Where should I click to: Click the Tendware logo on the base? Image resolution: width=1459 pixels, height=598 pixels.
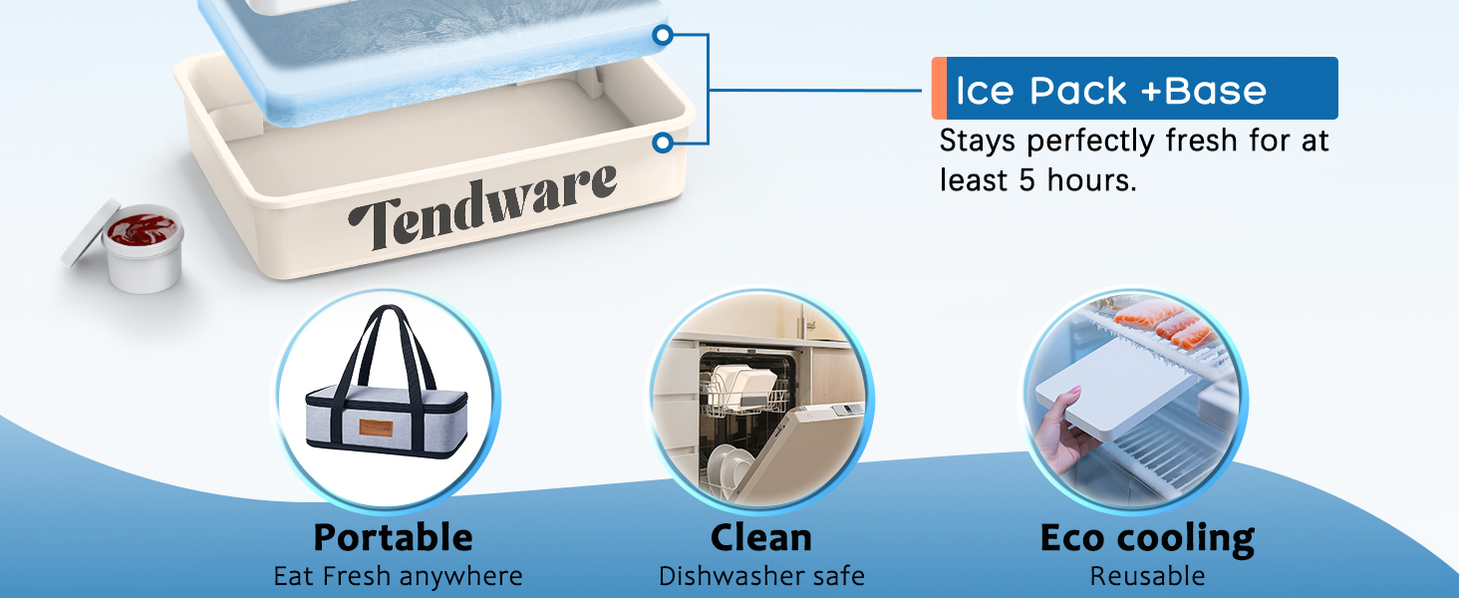[482, 206]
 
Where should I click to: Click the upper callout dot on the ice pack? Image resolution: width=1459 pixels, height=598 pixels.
[663, 35]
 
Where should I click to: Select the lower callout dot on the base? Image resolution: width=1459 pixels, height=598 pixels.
[663, 142]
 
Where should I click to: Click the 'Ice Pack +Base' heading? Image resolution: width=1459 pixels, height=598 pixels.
[1111, 90]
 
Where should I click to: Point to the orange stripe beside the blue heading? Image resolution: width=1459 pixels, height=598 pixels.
[939, 88]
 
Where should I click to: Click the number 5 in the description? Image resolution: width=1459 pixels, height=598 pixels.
[1027, 180]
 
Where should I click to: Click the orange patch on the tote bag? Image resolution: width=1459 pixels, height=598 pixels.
[376, 428]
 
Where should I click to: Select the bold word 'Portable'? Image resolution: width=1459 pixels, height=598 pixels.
[393, 537]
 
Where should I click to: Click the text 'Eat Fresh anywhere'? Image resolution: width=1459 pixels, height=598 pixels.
[398, 576]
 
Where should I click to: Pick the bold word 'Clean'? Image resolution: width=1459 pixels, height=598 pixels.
[760, 538]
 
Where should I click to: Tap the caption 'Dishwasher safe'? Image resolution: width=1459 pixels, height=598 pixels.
[761, 576]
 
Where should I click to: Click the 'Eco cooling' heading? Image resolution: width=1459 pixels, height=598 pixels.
[1147, 539]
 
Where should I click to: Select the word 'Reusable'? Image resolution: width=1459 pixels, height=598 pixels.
[1147, 576]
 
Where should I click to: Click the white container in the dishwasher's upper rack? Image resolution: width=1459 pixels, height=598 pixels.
[744, 385]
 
